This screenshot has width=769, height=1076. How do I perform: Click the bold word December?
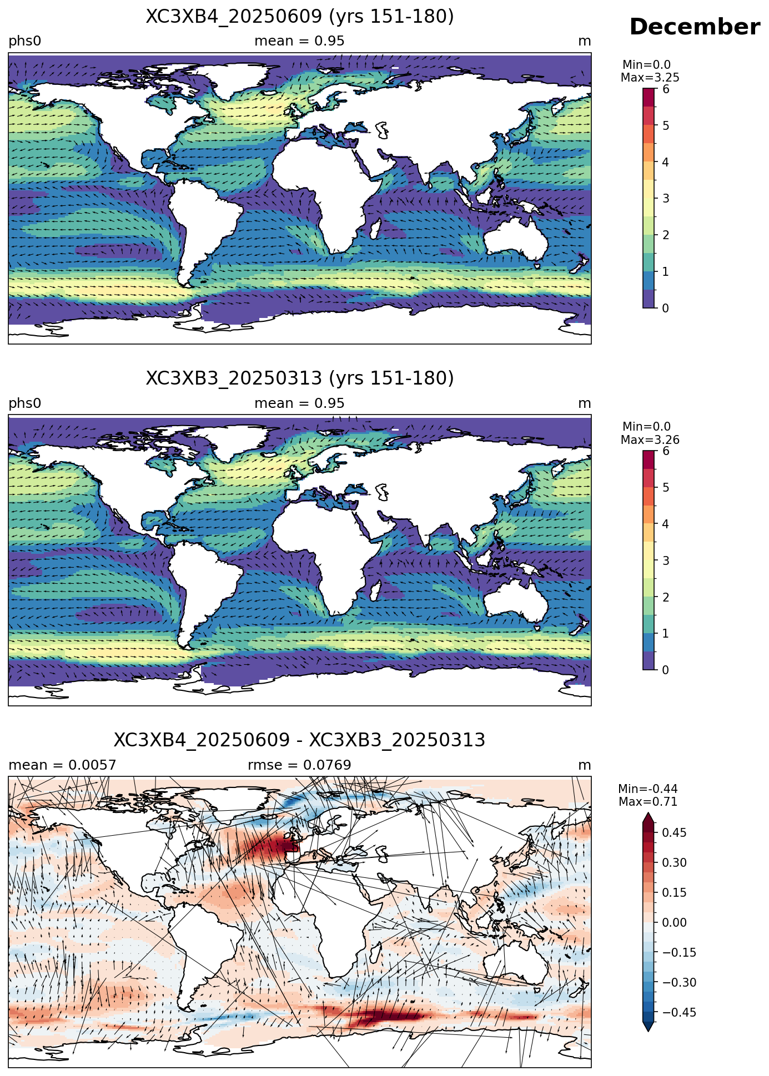pos(695,27)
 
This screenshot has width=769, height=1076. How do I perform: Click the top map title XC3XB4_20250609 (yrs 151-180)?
pos(300,17)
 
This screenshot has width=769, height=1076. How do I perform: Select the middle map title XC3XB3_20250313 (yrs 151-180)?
pos(300,378)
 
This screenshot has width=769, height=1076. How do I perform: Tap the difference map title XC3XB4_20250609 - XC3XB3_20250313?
pos(300,740)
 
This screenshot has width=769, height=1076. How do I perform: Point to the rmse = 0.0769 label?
pos(300,765)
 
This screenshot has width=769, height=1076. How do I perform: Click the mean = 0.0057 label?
pos(62,765)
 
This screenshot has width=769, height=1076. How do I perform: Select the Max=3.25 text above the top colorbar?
pos(650,78)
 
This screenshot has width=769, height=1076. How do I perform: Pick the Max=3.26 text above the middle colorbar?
pos(650,440)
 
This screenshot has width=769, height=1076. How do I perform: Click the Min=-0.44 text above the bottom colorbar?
pos(648,789)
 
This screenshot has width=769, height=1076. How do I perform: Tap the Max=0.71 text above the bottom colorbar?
pos(648,802)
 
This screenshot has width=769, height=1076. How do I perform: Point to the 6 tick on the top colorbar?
pos(666,89)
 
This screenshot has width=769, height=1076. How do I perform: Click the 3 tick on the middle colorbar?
pos(666,560)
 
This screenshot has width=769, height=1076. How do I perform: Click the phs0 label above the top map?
pos(25,41)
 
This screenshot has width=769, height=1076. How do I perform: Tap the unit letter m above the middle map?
pos(585,403)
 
